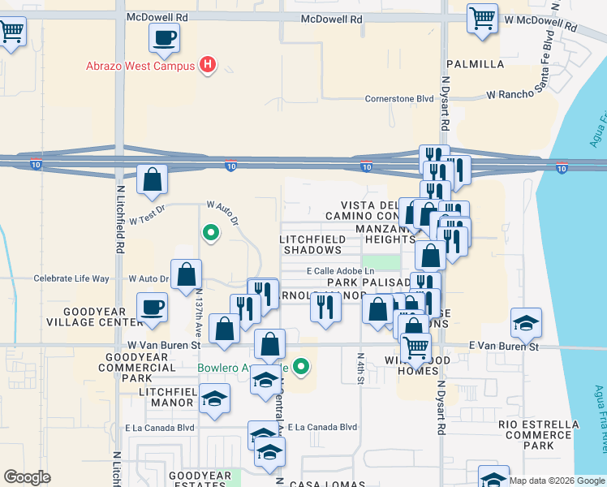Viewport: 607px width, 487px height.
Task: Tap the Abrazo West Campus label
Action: (x=140, y=66)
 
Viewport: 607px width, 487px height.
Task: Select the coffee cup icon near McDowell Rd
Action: (x=165, y=37)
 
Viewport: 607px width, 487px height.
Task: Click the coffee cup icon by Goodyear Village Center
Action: (x=153, y=308)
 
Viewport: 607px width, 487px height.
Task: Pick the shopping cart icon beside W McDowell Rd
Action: (x=482, y=17)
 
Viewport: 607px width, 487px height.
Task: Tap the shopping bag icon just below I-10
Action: (x=153, y=180)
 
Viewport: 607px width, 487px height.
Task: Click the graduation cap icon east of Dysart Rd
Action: (x=526, y=323)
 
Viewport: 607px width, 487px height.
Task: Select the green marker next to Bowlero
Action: (x=302, y=368)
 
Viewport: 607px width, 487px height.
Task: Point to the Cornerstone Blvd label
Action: (x=399, y=99)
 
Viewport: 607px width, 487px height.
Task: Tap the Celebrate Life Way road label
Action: (x=71, y=278)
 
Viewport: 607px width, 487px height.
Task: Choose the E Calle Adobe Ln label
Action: (x=341, y=271)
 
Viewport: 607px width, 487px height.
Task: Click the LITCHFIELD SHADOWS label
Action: (x=312, y=245)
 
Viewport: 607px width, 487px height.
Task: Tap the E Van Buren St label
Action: (x=504, y=346)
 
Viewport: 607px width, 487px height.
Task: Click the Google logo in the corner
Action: (x=26, y=477)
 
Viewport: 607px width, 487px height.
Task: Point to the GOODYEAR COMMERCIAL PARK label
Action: (x=136, y=367)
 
